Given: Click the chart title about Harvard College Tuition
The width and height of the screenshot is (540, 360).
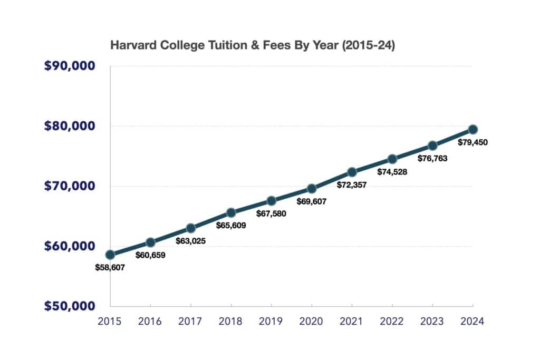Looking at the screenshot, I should tap(252, 46).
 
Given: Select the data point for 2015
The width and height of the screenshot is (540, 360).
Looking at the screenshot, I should tap(110, 255).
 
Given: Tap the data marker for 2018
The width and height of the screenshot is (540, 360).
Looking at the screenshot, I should tap(231, 212).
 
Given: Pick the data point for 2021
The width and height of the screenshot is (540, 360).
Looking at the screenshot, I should tap(352, 172).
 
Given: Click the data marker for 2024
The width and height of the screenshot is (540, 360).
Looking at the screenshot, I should tap(473, 129).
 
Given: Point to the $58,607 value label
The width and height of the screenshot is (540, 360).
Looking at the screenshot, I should tap(110, 267).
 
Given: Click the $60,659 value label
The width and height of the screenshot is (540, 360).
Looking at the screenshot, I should tap(151, 255).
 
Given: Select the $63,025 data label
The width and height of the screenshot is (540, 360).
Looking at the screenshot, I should tap(191, 241).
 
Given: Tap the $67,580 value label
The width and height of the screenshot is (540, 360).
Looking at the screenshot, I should tap(271, 213).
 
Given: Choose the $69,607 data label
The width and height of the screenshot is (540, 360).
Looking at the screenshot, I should tap(312, 201).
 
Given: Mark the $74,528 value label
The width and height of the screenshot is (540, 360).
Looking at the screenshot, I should tap(392, 172).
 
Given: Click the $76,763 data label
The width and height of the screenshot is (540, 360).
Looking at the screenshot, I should tap(432, 158).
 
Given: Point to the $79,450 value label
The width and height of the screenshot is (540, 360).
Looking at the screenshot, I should tap(473, 142).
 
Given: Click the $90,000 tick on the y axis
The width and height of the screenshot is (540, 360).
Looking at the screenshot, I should tap(69, 66).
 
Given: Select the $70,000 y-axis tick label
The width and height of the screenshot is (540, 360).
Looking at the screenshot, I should tap(69, 186).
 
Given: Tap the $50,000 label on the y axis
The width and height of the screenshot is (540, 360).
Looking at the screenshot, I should tap(69, 306).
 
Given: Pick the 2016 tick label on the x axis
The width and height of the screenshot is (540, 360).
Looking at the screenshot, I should tap(151, 320).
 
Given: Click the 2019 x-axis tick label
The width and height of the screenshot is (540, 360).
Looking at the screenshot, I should tap(271, 320).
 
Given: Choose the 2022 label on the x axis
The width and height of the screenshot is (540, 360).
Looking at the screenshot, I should tap(392, 320).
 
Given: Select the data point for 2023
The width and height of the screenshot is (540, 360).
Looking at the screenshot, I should tap(432, 145).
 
